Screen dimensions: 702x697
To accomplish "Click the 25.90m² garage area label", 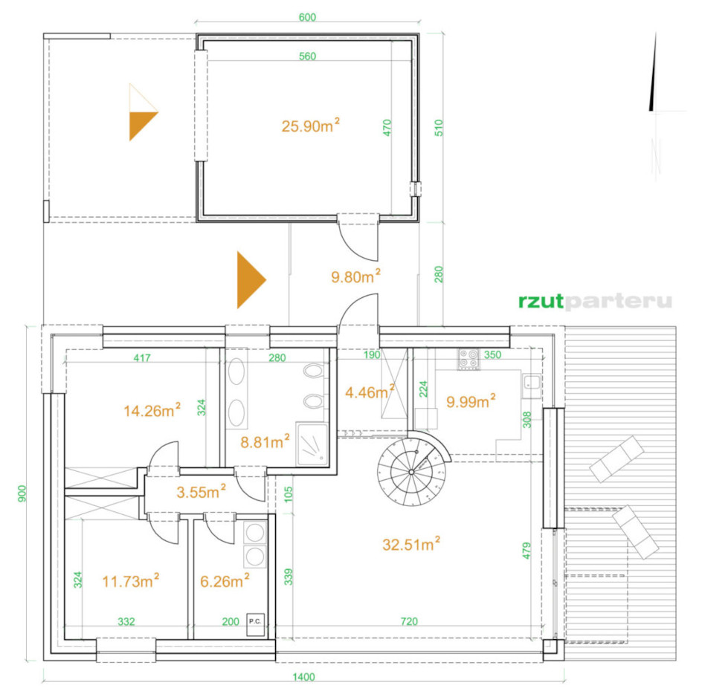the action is [310, 126].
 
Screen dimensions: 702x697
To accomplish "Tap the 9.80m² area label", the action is [355, 276].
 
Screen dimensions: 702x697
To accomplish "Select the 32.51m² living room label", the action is [411, 543].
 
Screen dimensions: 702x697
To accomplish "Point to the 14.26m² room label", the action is [152, 409].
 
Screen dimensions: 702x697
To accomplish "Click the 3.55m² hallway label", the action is [201, 491].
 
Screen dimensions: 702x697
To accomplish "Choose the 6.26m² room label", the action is [225, 580].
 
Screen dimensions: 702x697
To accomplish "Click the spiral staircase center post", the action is [411, 472].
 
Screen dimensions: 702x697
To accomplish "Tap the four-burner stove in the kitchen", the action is [468, 359].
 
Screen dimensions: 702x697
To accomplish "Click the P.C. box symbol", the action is [255, 624].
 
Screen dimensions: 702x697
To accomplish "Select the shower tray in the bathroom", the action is [312, 444].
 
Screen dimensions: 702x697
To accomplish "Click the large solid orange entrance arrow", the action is [251, 280].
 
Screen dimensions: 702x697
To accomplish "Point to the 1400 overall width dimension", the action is [303, 677].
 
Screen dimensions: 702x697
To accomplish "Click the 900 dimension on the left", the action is [22, 493].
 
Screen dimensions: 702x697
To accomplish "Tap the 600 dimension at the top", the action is [307, 17].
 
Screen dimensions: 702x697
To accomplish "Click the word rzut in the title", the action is [541, 301].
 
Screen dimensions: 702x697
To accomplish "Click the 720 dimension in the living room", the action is [409, 621].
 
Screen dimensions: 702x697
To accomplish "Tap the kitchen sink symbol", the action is [532, 383].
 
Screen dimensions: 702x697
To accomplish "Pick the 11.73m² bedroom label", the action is [130, 580].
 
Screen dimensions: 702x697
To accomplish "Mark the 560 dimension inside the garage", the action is [307, 56].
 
